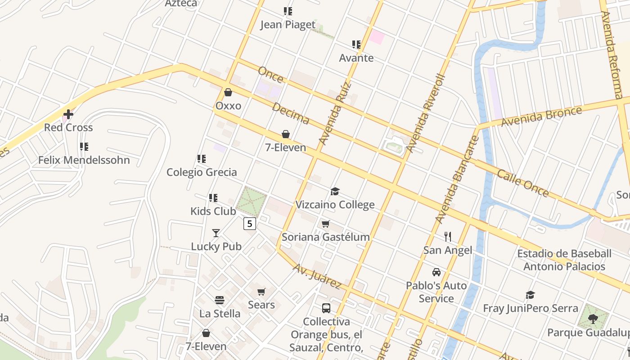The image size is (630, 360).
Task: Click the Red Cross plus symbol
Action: coord(68,114)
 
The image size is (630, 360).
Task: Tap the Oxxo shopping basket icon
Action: coord(228,92)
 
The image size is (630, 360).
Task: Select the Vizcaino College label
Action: coord(335,205)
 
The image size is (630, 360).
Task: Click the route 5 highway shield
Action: coord(250,223)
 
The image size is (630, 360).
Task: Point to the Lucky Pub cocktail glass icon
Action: coord(216,233)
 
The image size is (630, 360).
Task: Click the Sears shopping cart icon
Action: coord(261,292)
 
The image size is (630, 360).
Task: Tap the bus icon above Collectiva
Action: coord(326,308)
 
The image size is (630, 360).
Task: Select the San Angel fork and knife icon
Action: coord(447,237)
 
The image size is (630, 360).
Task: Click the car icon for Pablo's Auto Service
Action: coord(436,272)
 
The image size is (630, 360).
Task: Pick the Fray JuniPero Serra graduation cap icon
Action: coord(530,295)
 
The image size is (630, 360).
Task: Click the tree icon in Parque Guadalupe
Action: coord(593,319)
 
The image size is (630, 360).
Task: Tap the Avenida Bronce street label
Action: coord(541,116)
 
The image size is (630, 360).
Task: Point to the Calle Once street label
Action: coord(522,183)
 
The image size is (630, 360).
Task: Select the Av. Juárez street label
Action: coord(317,276)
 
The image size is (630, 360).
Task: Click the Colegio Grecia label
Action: coord(202,172)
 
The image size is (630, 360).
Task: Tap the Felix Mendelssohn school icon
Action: coord(84,147)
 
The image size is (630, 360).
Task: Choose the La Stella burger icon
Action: coord(220,300)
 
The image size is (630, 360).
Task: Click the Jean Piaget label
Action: coord(288,25)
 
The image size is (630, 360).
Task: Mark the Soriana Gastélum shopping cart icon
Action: coord(325,224)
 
